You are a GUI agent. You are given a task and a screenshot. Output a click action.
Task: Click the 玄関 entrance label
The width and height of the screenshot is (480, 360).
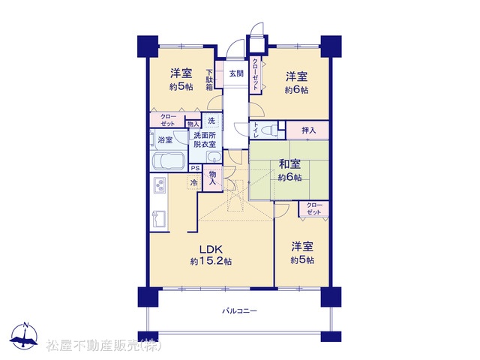(x=236, y=73)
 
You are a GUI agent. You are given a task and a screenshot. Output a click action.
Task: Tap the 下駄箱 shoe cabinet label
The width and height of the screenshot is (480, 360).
(x=209, y=80)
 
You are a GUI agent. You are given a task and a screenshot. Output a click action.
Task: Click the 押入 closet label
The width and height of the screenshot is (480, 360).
(x=308, y=130)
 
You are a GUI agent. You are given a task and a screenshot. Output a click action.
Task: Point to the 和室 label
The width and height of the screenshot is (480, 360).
(x=289, y=164)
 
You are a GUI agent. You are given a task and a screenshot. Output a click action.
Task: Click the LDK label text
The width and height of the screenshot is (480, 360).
(x=211, y=249)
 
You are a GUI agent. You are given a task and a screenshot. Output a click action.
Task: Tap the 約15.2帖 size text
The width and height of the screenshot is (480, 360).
(x=211, y=262)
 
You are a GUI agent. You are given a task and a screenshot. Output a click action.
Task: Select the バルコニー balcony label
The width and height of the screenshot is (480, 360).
(x=239, y=311)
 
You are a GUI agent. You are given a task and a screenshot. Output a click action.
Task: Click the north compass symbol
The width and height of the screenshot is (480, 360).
(x=24, y=336)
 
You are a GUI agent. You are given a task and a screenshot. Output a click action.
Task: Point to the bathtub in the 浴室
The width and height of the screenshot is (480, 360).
(x=168, y=161)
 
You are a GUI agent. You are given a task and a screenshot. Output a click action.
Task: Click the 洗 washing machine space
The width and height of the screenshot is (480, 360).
(x=211, y=121)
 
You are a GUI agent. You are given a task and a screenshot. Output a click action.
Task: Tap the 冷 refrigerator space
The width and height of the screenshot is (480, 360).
(x=194, y=183)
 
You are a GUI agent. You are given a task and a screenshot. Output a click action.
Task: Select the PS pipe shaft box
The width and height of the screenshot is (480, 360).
(x=195, y=168)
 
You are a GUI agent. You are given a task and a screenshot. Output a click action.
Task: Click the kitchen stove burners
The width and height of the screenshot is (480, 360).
(x=160, y=185)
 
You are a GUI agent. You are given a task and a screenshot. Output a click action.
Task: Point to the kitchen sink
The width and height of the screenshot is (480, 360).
(x=159, y=218)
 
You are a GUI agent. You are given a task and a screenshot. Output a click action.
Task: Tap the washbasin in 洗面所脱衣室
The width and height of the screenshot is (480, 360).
(x=214, y=157)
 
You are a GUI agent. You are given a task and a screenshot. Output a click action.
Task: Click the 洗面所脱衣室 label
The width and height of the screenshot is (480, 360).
(x=205, y=139)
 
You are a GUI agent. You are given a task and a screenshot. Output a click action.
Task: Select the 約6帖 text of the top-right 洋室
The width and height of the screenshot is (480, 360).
(x=297, y=90)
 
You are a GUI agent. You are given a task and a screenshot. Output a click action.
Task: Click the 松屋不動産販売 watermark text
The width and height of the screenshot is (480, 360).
(x=104, y=346)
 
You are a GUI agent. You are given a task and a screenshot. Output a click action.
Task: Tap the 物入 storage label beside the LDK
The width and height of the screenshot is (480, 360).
(x=212, y=178)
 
